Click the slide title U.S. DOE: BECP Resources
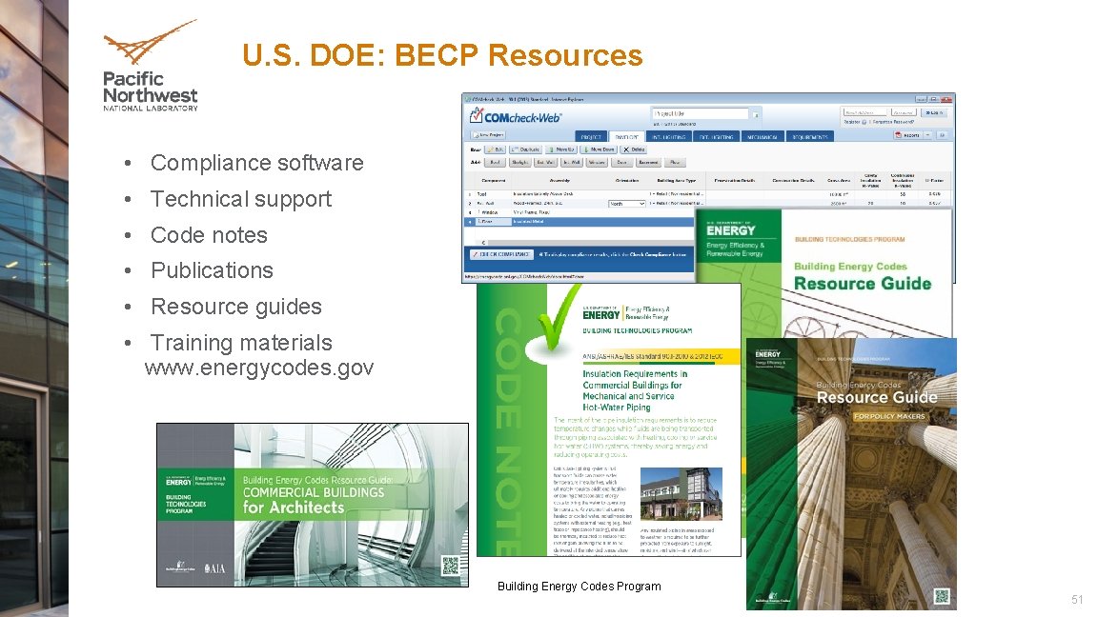point(442,56)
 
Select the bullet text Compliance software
point(256,163)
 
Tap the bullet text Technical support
point(240,199)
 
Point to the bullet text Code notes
point(209,235)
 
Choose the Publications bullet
point(212,270)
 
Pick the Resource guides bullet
point(235,307)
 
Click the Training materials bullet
point(241,343)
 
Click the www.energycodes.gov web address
point(258,368)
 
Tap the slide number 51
point(1077,599)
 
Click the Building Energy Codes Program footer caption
point(579,587)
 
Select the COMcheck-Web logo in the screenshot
point(516,118)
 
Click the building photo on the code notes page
point(680,491)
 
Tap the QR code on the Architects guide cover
point(450,565)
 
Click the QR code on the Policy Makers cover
point(942,596)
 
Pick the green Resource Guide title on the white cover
point(862,283)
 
